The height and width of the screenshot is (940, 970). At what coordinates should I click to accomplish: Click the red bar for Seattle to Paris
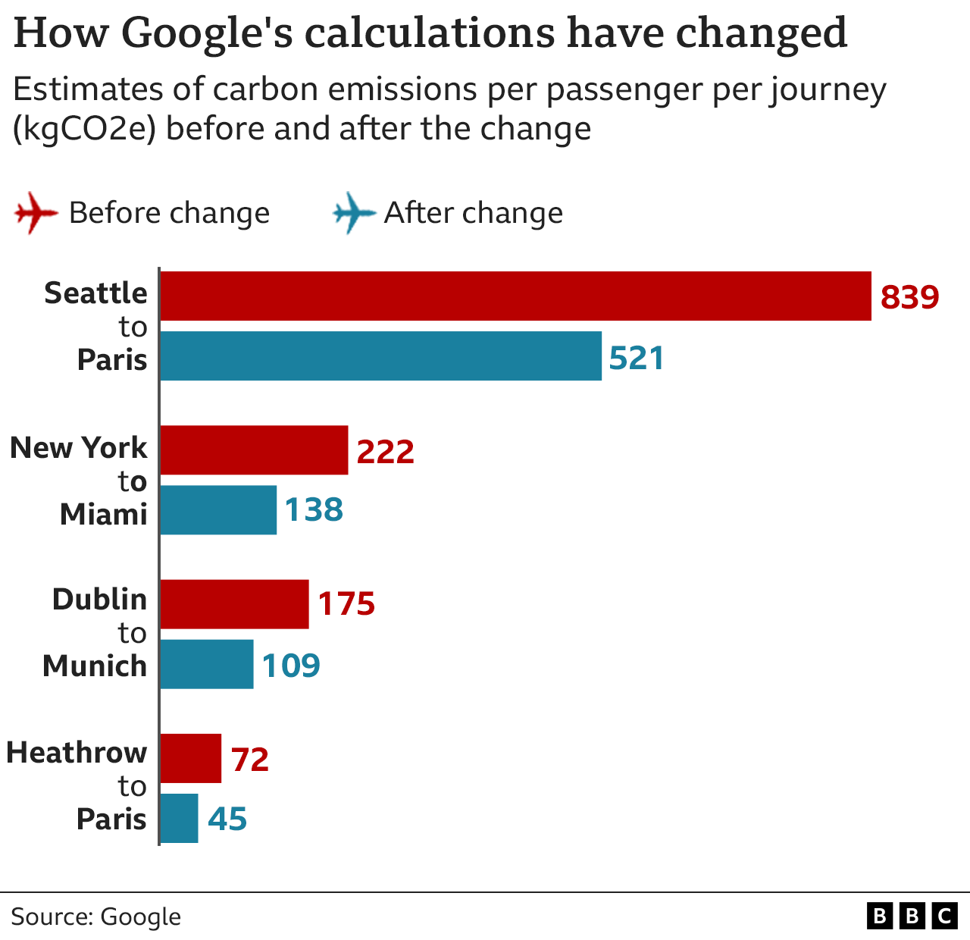515,296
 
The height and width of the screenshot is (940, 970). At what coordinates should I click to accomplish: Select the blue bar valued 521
380,356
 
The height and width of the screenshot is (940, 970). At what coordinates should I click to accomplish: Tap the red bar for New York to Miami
254,450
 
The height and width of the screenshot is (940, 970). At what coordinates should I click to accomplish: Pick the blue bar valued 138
218,510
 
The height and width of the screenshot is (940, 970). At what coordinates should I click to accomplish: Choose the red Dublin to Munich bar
234,604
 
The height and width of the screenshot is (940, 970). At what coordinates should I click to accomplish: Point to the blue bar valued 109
207,664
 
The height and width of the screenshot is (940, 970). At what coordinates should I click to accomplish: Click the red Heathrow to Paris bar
190,758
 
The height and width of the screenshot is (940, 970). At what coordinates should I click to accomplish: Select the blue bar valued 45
180,819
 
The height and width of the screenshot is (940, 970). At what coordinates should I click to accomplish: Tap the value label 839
909,296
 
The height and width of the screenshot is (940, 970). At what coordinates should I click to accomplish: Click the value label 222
385,451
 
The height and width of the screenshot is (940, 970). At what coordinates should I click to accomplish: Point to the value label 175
346,604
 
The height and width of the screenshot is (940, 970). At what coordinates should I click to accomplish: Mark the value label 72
250,759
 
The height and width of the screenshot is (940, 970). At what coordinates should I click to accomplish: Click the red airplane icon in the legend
36,213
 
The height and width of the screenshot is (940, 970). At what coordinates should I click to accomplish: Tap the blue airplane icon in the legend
354,213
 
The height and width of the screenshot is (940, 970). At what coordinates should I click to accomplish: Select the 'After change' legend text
474,213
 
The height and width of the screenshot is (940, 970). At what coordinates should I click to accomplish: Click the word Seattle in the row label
95,293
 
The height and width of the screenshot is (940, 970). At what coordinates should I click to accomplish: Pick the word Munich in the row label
95,666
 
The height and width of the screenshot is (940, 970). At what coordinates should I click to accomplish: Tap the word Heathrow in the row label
77,752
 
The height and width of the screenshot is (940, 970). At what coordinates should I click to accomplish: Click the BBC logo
912,916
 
